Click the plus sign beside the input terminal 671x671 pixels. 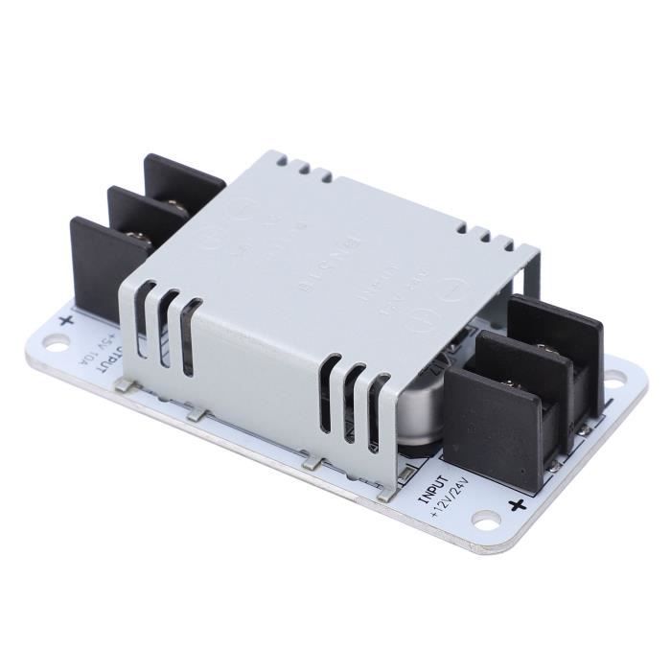point(519,505)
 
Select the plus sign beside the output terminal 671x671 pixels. point(65,319)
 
